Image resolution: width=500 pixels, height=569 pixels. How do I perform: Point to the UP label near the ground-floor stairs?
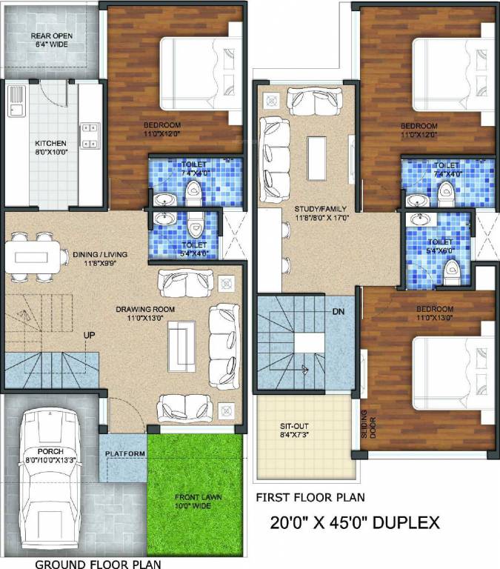coord(89,336)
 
